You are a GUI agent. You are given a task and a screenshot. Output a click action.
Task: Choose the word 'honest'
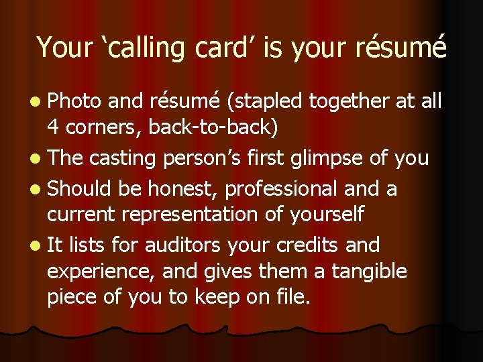pos(186,189)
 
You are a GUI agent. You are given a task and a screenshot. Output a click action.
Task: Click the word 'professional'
pos(281,189)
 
